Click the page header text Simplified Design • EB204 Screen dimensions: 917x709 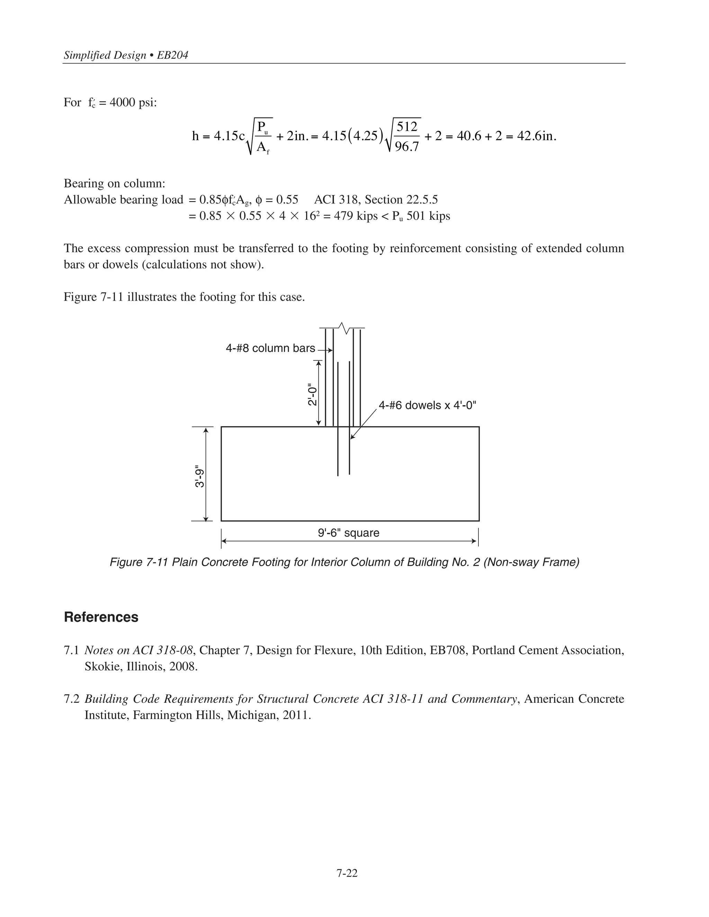[126, 55]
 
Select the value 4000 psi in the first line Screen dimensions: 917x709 [133, 102]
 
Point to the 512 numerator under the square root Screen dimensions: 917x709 [407, 126]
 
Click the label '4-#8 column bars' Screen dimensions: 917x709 [270, 348]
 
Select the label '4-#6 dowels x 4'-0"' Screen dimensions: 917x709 [427, 405]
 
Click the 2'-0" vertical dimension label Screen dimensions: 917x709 [312, 394]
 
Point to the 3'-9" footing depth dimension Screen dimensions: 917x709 [199, 478]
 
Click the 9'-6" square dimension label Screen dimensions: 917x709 [348, 533]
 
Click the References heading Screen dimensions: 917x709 [101, 617]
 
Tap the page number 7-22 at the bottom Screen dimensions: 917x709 [347, 873]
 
